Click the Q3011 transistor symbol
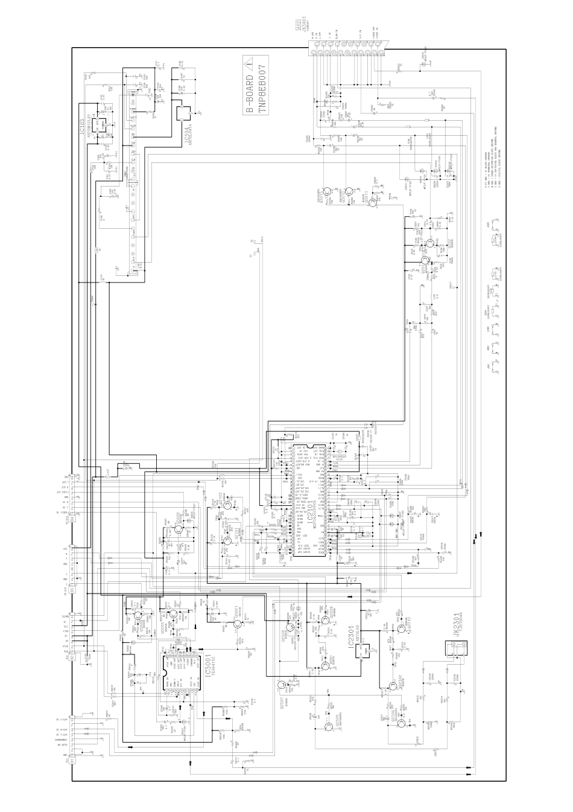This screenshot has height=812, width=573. tap(373, 203)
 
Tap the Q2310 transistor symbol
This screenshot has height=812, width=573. tap(400, 628)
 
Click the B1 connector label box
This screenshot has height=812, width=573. tap(72, 762)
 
